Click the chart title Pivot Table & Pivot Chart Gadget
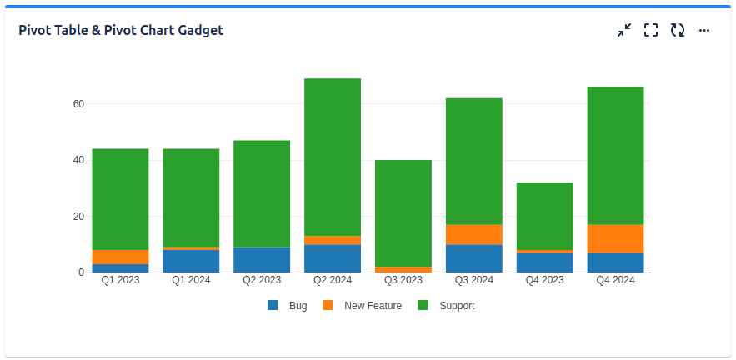121,30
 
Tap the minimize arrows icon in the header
624,30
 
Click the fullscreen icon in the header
651,30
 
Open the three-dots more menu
704,30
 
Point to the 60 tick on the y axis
78,104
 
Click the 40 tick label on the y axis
78,160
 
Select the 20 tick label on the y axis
78,217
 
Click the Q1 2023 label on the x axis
120,281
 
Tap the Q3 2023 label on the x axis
403,281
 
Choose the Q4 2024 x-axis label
615,281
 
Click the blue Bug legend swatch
273,306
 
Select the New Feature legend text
373,306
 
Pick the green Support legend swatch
423,306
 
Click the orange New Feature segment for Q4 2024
615,238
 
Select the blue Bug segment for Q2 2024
333,258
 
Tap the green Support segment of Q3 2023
403,213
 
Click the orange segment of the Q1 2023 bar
120,257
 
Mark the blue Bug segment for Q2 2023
262,260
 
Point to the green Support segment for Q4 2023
545,216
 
